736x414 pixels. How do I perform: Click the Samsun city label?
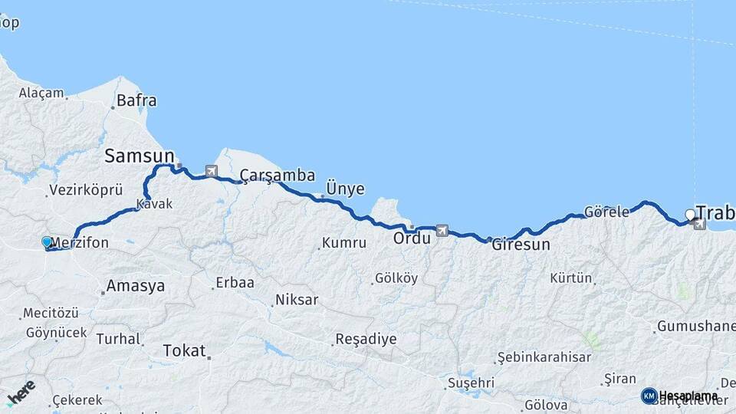[x=140, y=156]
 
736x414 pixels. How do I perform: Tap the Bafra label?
[x=137, y=100]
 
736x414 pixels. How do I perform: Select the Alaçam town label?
[x=41, y=93]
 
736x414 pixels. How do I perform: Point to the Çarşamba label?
[x=277, y=176]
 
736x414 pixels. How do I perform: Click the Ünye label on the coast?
[x=345, y=189]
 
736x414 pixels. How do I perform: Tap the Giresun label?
[x=521, y=245]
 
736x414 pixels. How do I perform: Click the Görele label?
[x=606, y=212]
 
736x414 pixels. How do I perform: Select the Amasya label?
[x=136, y=286]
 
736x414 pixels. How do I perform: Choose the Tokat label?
[x=184, y=351]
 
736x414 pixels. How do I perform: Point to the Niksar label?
[x=296, y=300]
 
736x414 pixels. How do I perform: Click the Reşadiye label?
[x=366, y=339]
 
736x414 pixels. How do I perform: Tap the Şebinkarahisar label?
[x=544, y=357]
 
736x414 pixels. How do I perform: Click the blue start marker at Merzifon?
[x=47, y=242]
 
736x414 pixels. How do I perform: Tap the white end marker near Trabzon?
[x=690, y=214]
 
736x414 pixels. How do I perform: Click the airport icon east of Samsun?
[x=211, y=170]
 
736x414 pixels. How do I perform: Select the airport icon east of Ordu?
[x=442, y=229]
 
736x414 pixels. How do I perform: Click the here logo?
[x=21, y=393]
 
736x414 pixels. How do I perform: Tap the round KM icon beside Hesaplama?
[x=649, y=396]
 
